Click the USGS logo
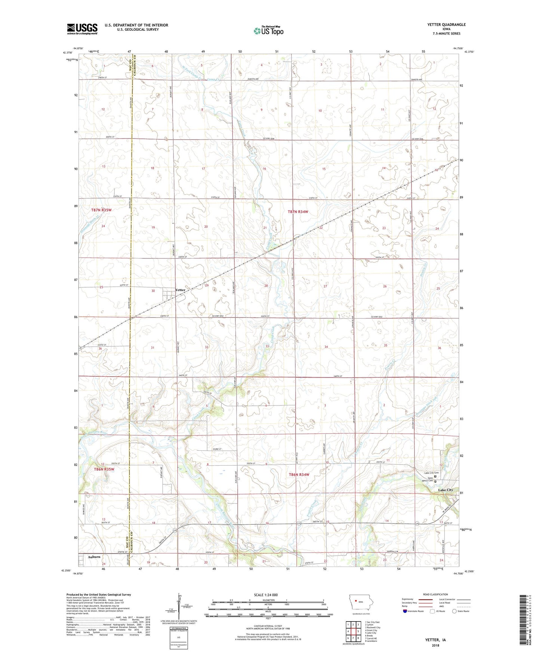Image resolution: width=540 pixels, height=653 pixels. pyautogui.click(x=82, y=29)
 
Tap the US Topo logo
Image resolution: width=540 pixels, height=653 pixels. pyautogui.click(x=268, y=31)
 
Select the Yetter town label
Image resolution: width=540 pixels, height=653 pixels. pyautogui.click(x=180, y=290)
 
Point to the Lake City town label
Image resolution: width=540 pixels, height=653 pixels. pyautogui.click(x=445, y=490)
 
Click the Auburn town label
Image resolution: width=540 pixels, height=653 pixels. pyautogui.click(x=94, y=557)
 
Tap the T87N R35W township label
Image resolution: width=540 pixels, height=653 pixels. pyautogui.click(x=101, y=210)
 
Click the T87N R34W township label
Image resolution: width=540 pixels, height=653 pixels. pyautogui.click(x=298, y=212)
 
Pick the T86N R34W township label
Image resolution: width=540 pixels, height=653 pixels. pyautogui.click(x=299, y=475)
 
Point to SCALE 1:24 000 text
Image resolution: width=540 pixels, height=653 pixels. pyautogui.click(x=266, y=595)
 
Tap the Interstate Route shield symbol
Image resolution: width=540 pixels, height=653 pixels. pyautogui.click(x=405, y=611)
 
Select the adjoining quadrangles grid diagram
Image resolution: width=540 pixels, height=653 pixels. pyautogui.click(x=353, y=632)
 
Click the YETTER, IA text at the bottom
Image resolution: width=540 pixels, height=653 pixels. pyautogui.click(x=435, y=640)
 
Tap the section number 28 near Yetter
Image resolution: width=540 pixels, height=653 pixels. pyautogui.click(x=266, y=286)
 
